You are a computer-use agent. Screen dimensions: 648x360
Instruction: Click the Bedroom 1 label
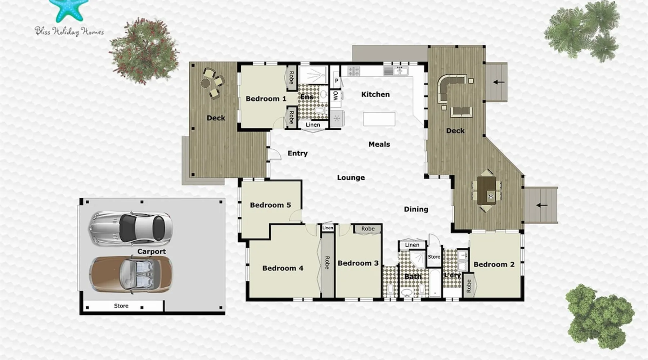pos(266,99)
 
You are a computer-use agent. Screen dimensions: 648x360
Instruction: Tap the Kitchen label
pos(375,94)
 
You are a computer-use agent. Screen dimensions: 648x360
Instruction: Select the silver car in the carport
pos(130,228)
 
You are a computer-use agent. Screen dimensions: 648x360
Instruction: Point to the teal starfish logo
pos(68,10)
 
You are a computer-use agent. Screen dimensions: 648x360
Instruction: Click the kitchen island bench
pos(379,119)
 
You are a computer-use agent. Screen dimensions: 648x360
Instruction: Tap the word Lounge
pos(351,177)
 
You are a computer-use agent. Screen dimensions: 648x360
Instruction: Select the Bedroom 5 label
pos(270,205)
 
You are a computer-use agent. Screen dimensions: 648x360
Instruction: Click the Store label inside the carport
pos(121,306)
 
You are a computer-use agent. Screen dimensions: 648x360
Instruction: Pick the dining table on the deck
pos(487,190)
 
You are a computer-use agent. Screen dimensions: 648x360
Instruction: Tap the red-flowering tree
pos(144,51)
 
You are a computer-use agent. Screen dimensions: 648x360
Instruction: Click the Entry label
pos(297,153)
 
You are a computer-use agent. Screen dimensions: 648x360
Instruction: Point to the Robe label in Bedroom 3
pos(368,229)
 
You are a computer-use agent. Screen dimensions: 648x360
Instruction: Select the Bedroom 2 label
pos(494,264)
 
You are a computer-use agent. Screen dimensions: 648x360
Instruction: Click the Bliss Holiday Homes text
pos(69,31)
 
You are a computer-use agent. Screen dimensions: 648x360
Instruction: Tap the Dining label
pos(416,209)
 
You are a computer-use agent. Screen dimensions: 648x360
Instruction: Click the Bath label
pos(413,276)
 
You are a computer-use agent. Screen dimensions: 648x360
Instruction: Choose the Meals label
pos(379,144)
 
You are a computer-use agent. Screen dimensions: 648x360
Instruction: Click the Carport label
pos(152,252)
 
